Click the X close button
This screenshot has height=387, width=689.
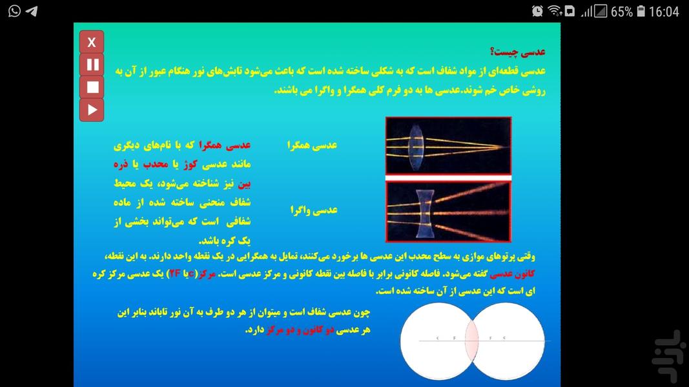point(92,43)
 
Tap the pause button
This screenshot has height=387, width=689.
point(92,64)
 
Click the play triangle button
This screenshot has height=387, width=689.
point(92,110)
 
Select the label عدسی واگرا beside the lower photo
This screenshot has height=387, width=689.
point(314,210)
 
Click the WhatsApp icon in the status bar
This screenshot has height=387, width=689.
point(13,11)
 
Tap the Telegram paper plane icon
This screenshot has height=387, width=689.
point(31,11)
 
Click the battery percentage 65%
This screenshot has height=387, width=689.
point(621,12)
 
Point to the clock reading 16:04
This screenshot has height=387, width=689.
point(664,12)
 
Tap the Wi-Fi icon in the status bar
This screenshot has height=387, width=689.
point(554,11)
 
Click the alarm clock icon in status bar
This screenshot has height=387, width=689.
point(537,11)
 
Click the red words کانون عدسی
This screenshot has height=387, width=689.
point(521,273)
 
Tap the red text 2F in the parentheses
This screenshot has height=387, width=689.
point(175,273)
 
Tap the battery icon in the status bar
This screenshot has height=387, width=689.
point(641,11)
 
